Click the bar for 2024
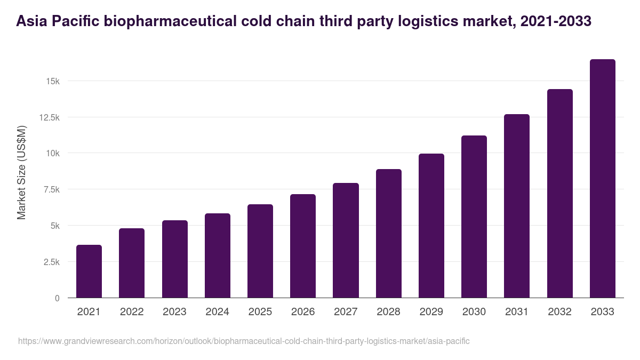click(218, 255)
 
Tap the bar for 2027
click(346, 240)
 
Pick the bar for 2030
click(474, 217)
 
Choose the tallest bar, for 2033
click(602, 178)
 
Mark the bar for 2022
click(132, 263)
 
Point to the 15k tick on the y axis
click(52, 81)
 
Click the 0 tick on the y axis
click(57, 298)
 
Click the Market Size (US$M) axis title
click(21, 172)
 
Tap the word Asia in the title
click(31, 21)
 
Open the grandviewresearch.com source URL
click(244, 341)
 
